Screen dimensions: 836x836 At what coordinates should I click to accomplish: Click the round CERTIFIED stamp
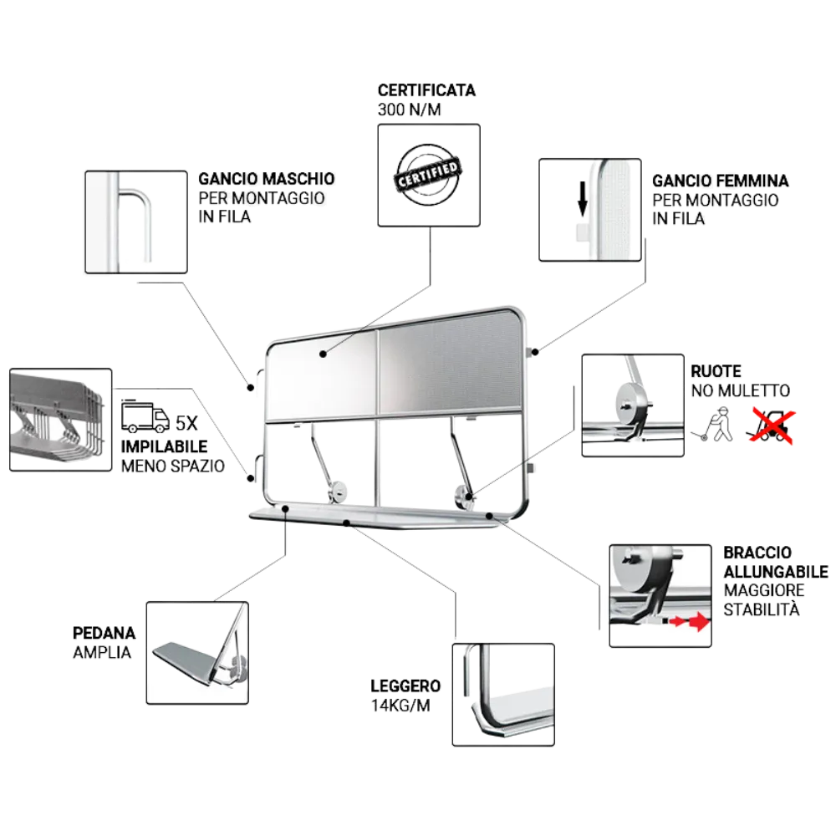coord(428,175)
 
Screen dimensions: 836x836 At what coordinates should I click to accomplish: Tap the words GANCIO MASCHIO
coord(266,179)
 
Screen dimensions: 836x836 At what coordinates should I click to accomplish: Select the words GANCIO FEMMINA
coord(720,181)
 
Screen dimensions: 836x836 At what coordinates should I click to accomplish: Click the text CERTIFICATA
coord(426,90)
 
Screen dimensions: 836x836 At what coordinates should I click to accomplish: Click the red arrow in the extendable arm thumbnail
coord(691,623)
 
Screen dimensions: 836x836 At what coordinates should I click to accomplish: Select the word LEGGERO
coord(405,686)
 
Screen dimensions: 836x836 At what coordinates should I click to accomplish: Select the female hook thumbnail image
coord(589,209)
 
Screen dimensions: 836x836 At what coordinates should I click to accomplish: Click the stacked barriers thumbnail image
coord(59,417)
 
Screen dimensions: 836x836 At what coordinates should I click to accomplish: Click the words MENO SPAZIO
coord(173,466)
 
